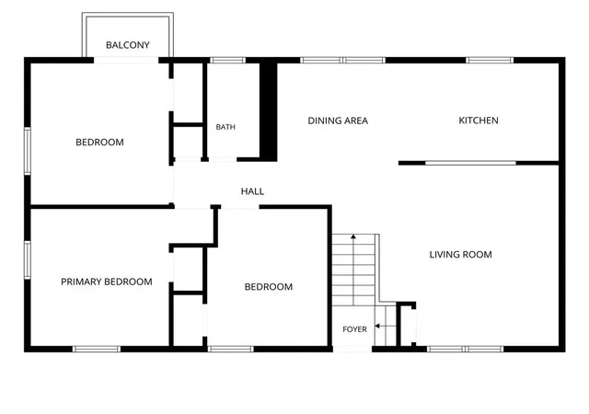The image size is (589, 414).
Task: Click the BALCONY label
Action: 128,45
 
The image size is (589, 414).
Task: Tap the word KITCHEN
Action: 479,121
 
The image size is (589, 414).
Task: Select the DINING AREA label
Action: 338,121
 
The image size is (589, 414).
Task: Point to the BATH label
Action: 225,127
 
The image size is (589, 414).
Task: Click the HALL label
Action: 252,191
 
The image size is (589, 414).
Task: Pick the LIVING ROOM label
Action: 460,254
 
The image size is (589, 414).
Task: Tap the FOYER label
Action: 354,329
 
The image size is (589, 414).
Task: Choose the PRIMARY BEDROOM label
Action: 107,282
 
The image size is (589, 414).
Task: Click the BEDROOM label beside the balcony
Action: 99,142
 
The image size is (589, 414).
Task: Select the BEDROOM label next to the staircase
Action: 269,287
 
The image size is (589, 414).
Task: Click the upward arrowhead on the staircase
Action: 353,236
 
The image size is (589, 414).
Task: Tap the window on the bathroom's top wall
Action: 227,60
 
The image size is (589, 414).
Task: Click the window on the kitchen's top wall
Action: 490,60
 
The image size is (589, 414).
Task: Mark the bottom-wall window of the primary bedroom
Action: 97,349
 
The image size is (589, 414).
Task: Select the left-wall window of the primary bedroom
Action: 28,260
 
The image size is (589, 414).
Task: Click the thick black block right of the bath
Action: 269,111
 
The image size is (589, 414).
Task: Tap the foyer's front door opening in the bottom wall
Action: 352,349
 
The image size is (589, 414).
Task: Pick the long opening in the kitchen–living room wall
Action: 470,163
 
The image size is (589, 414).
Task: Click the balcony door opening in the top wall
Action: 126,60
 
